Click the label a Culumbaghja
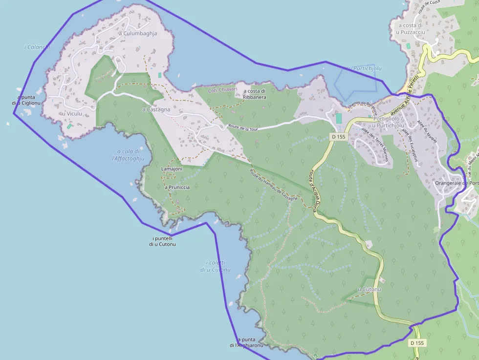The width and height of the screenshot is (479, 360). click(x=138, y=34)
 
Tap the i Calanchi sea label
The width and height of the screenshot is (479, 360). click(x=37, y=47)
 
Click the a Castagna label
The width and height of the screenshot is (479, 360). click(x=156, y=109)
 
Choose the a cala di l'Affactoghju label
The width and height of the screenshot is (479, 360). click(x=128, y=154)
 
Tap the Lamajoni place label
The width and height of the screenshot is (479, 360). click(x=172, y=169)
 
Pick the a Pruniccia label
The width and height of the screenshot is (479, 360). click(x=177, y=187)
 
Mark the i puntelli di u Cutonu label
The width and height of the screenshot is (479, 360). click(x=162, y=241)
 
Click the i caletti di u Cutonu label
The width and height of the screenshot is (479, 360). click(x=215, y=266)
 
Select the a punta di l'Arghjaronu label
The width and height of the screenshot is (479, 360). click(x=246, y=342)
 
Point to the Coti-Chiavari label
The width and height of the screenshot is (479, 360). click(x=222, y=90)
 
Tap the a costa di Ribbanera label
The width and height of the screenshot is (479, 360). click(x=254, y=94)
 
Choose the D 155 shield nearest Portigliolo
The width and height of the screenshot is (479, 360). click(x=337, y=137)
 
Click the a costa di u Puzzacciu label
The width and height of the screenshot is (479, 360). click(x=410, y=28)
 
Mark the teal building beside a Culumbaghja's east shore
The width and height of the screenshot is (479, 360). click(x=159, y=75)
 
